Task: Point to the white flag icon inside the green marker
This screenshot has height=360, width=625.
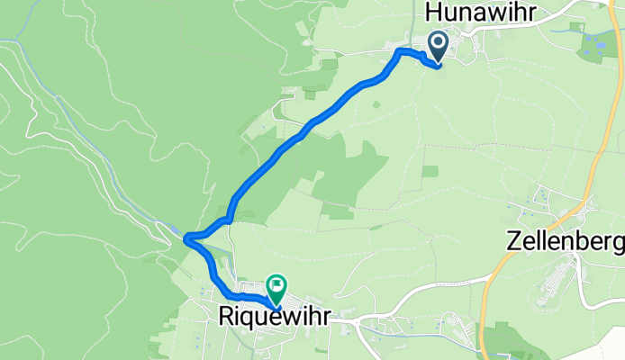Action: [276, 285]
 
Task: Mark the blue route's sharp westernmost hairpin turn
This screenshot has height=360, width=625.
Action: [186, 238]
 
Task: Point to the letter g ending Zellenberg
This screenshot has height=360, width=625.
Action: [617, 245]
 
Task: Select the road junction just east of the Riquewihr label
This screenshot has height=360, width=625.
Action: [357, 319]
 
